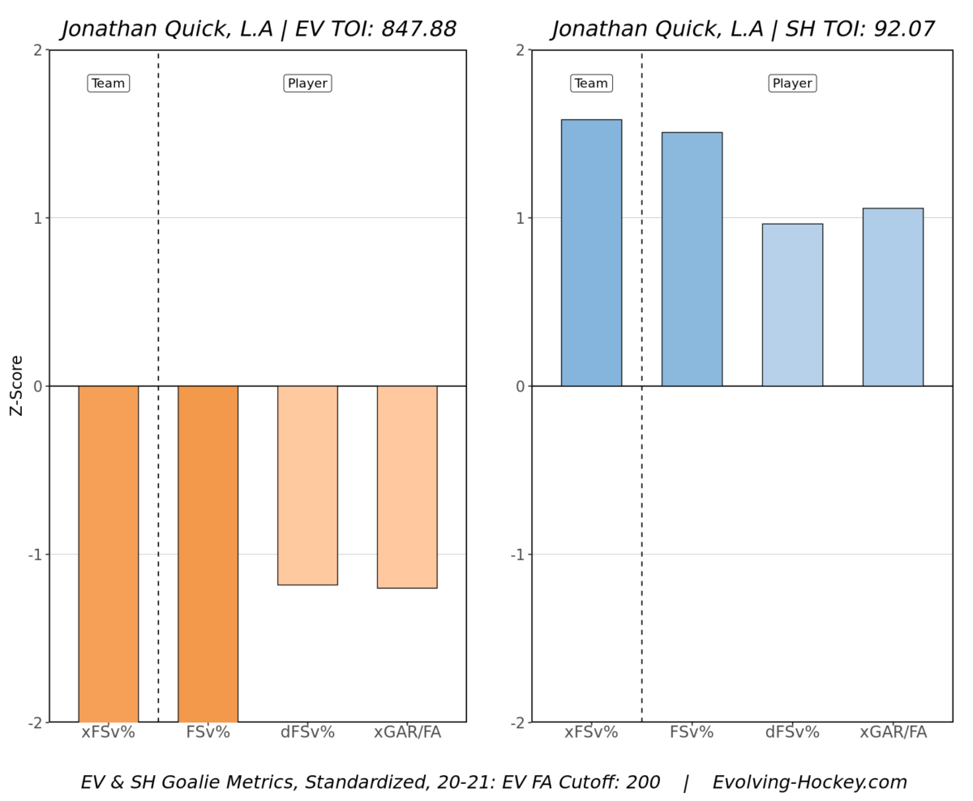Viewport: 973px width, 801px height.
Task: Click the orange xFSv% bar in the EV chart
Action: pos(109,553)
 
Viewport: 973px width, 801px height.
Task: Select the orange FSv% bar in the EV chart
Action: pos(208,553)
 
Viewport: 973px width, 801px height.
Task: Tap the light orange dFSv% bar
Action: pos(307,485)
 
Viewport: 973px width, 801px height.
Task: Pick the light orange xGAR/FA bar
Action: pos(407,486)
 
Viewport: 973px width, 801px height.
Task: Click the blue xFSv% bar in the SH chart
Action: pos(591,253)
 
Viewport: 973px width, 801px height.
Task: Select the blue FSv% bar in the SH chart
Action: pos(692,259)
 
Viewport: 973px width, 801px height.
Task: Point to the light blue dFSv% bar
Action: pos(792,305)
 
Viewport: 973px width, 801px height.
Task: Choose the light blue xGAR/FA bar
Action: pos(893,297)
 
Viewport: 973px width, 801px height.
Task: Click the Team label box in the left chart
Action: pos(109,84)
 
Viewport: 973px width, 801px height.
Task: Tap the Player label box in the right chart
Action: pos(792,84)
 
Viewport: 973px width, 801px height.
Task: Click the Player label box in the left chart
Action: pos(307,84)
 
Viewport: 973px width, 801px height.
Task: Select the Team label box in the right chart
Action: pos(591,84)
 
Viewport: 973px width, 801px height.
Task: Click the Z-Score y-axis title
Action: pos(17,386)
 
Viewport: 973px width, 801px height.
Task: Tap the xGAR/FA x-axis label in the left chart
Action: pos(407,733)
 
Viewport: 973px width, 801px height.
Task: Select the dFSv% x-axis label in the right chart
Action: pos(792,733)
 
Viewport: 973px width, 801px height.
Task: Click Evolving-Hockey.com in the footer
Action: pos(809,782)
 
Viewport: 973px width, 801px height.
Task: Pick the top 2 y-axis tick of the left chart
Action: pos(36,50)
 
